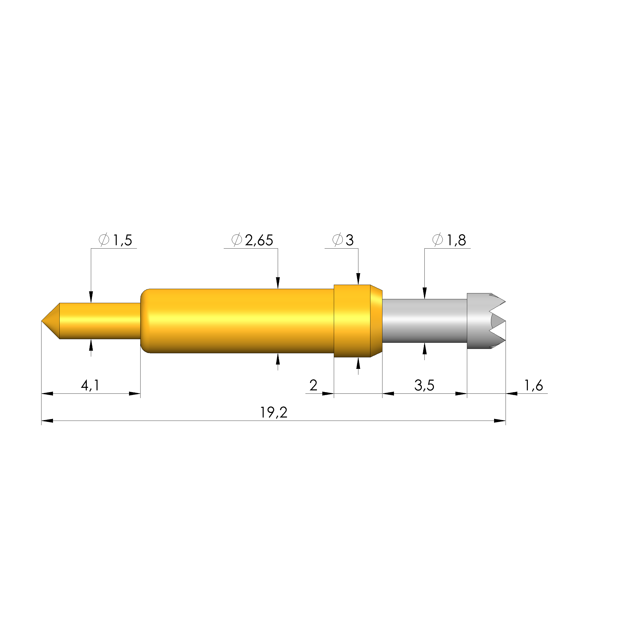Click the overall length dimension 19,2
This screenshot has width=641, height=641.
pos(273,413)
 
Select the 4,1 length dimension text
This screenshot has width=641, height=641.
pos(90,386)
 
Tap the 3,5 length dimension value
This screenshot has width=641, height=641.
pos(424,386)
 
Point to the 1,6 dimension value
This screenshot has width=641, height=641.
pos(533,386)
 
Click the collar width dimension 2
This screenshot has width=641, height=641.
pos(313,385)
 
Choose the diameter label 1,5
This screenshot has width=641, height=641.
pos(123,240)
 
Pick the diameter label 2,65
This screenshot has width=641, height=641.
pos(259,240)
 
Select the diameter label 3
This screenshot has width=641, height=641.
pos(350,240)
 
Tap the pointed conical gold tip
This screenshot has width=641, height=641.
pos(51,321)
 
